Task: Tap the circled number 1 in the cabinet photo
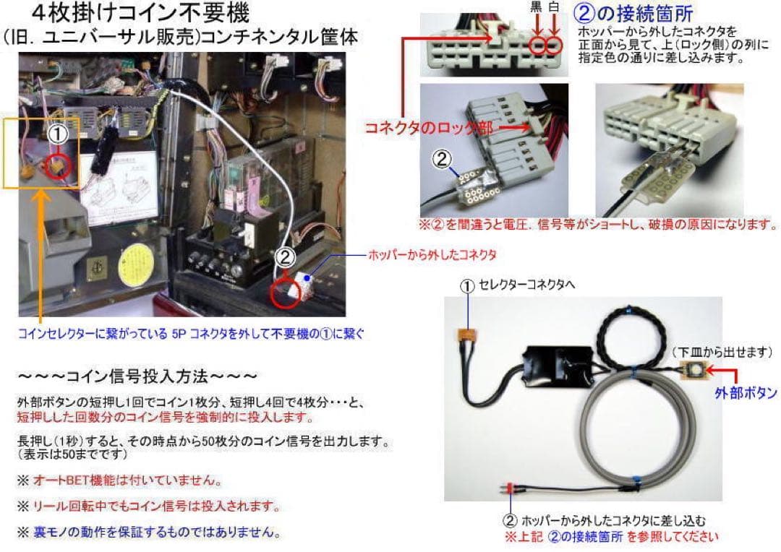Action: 57,134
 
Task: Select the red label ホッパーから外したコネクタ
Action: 432,255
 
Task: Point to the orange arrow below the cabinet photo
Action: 39,253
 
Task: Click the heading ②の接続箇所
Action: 635,13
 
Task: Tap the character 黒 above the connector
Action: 536,8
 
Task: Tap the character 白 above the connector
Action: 555,8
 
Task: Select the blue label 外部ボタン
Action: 745,393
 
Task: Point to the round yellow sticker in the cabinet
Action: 137,261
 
